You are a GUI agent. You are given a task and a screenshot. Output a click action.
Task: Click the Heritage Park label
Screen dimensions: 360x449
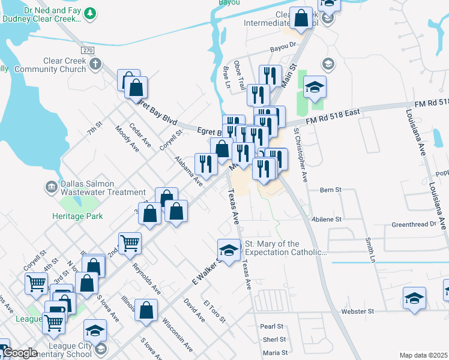pos(77,216)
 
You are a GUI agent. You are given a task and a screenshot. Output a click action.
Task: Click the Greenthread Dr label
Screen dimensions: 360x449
pos(413,224)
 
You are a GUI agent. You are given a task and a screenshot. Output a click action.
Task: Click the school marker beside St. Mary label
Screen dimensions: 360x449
pos(228,249)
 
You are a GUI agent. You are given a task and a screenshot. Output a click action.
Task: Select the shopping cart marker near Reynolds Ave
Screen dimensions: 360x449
pos(130,243)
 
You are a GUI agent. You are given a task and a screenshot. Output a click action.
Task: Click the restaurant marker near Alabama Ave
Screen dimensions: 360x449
pos(206,164)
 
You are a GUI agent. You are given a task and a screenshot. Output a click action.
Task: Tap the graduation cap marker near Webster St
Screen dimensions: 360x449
pos(414,298)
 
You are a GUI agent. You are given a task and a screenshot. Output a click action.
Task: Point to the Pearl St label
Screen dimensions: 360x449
pos(271,326)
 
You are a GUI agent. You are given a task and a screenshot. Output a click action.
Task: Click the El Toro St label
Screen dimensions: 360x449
pos(214,311)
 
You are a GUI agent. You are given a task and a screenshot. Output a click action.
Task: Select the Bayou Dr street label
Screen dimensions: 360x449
pos(283,45)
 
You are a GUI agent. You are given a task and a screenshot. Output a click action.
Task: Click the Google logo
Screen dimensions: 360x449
pos(19,353)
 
